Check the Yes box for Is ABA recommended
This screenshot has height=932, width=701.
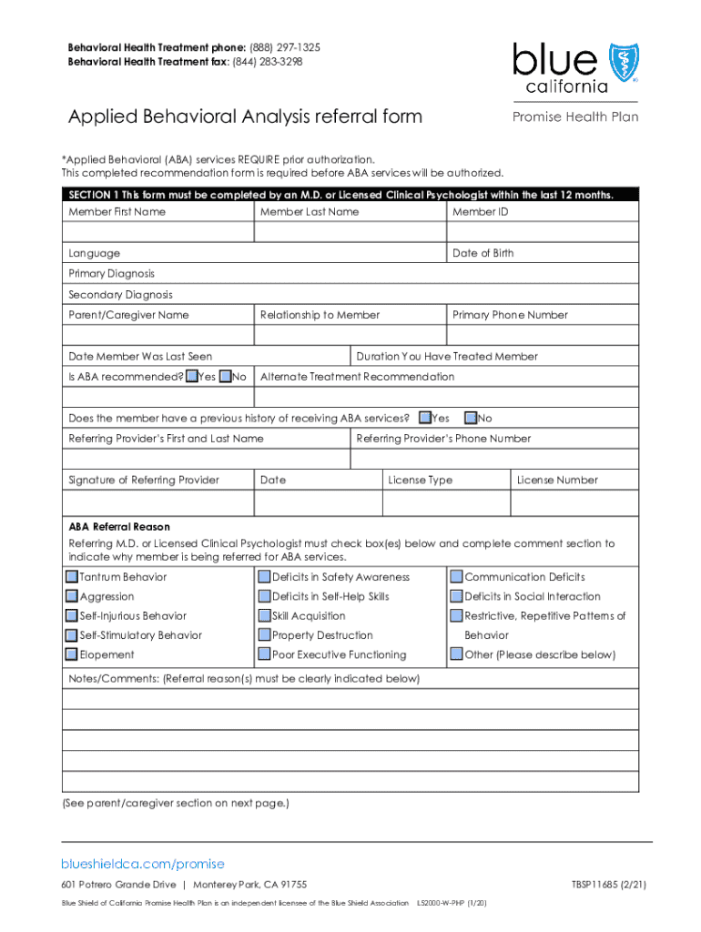191,377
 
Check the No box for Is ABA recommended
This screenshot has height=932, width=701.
226,377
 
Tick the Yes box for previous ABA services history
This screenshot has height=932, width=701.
424,419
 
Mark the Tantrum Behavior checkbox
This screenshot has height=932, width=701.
72,577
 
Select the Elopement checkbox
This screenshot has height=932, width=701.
72,654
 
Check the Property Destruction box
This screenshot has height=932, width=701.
264,635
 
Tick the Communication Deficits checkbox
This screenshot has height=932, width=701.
456,577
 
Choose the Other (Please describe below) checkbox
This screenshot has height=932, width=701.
456,654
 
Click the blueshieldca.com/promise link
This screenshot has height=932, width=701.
142,864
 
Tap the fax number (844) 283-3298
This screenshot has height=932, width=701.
269,62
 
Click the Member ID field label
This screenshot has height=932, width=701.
480,212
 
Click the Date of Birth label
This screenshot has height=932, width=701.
483,253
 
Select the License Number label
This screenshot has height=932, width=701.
556,480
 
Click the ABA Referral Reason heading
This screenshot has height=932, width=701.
119,527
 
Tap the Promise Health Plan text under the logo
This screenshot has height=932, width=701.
575,116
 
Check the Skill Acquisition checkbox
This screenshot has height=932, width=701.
264,616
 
